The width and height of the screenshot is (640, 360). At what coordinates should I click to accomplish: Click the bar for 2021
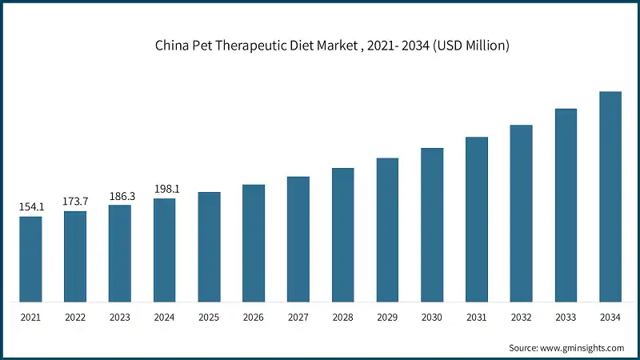tap(30, 259)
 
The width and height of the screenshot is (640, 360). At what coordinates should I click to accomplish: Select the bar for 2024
tap(165, 250)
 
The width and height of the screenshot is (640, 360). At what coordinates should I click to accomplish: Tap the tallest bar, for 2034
tap(610, 197)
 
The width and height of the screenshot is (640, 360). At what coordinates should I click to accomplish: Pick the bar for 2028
tap(343, 235)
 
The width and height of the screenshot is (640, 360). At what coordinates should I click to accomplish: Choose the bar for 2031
tap(477, 219)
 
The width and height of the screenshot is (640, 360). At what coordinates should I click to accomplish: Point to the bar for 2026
tap(254, 243)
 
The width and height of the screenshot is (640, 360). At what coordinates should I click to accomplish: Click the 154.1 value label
tap(30, 207)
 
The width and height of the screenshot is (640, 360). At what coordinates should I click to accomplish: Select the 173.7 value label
tap(75, 201)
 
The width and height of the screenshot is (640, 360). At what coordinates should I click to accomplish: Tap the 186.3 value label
tap(120, 195)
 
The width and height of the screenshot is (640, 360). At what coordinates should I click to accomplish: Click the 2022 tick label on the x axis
tap(75, 318)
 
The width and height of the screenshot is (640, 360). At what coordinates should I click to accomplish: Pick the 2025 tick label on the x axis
tap(209, 318)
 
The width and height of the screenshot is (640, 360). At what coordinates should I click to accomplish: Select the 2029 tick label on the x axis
tap(387, 318)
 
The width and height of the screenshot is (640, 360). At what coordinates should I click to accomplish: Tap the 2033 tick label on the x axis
tap(566, 318)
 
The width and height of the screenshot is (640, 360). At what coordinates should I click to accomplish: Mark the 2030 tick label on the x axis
tap(432, 318)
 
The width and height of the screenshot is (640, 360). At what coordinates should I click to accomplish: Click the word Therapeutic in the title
tap(246, 46)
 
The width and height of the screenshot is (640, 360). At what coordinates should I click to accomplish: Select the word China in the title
tap(172, 46)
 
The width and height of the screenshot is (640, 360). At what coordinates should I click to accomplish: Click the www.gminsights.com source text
tap(583, 348)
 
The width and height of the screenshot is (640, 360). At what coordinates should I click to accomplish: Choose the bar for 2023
tap(120, 254)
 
